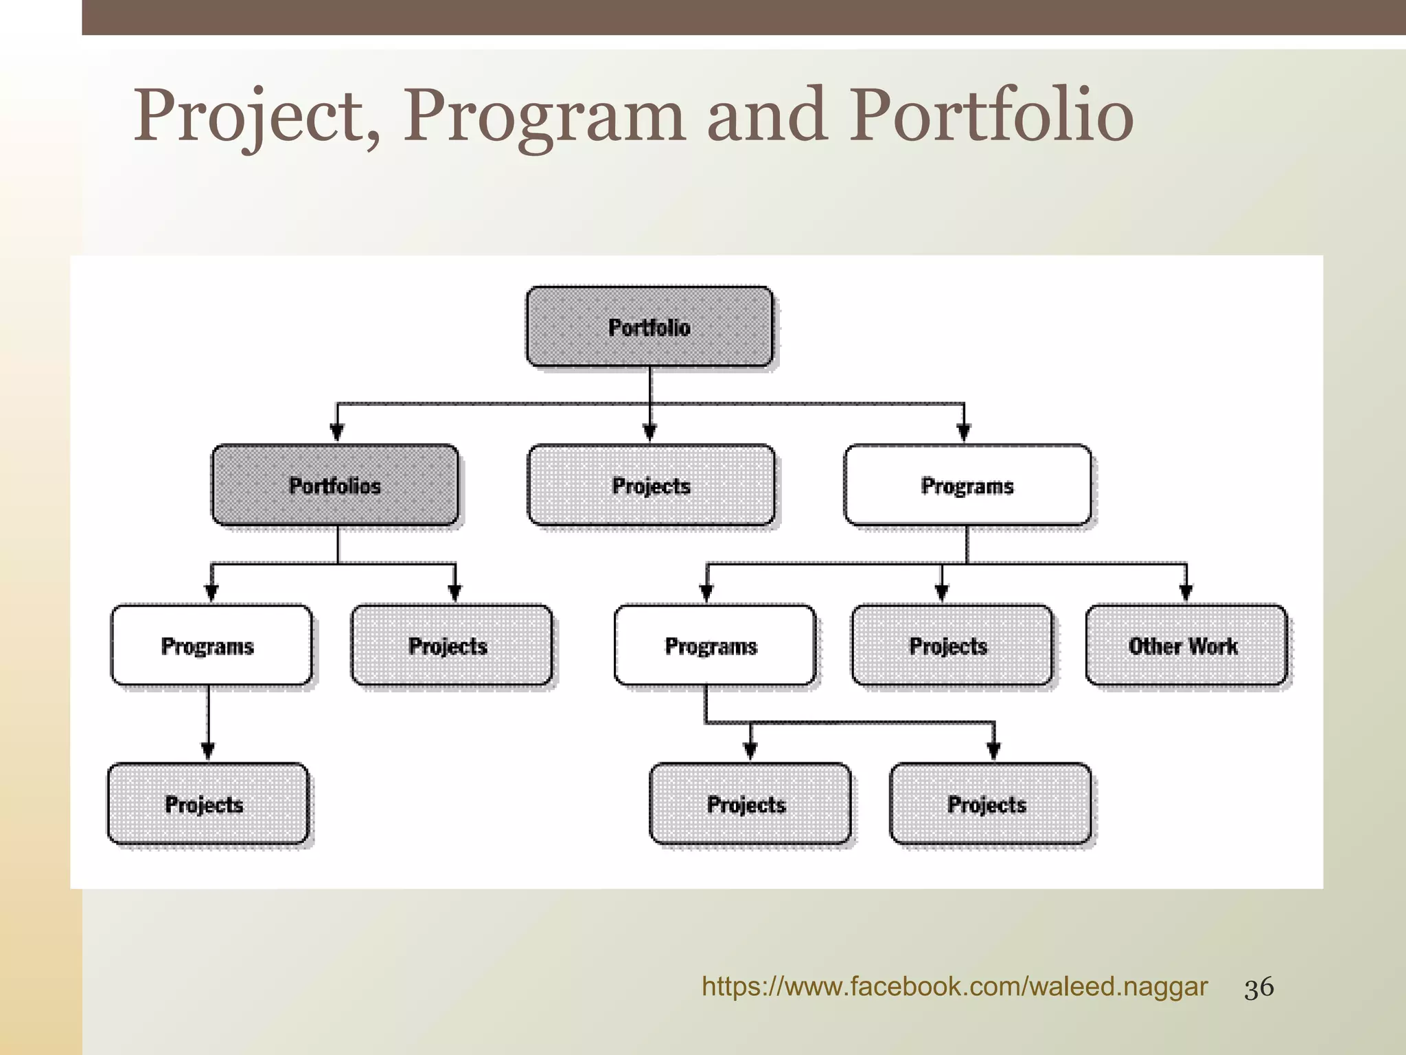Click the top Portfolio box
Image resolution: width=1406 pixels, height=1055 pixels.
pos(649,327)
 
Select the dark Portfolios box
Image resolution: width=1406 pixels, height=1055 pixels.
pos(335,486)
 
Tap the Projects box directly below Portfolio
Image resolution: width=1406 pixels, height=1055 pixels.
pos(651,486)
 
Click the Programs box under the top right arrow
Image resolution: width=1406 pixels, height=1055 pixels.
pos(967,486)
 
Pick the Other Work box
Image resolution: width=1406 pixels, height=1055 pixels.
pos(1186,646)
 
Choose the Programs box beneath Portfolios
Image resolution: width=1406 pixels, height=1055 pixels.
pos(211,646)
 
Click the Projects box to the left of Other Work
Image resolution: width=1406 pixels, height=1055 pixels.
pos(952,646)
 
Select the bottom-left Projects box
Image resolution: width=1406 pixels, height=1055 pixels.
pos(207,804)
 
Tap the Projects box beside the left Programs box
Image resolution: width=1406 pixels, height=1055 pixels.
pos(451,646)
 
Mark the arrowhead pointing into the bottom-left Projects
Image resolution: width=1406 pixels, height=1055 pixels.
pos(208,751)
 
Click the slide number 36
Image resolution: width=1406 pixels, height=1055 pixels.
pos(1259,988)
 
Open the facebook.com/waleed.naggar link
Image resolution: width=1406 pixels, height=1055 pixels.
pos(954,987)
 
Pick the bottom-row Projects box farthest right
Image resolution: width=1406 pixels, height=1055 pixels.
pos(990,804)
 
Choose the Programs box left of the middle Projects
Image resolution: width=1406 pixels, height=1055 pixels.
pos(715,646)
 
